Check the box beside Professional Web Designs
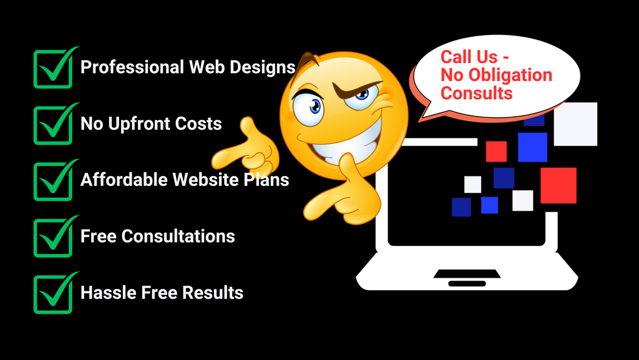click(x=52, y=69)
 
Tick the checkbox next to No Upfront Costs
click(x=52, y=125)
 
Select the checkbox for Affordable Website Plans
click(x=52, y=181)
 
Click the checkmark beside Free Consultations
click(x=52, y=237)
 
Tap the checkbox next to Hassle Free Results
click(x=52, y=293)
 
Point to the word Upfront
click(x=139, y=124)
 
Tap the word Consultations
click(x=178, y=236)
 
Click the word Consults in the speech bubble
click(x=477, y=93)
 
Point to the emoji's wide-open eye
click(x=308, y=107)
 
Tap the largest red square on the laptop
click(x=558, y=185)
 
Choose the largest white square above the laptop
click(x=575, y=124)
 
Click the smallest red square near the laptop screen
click(x=496, y=151)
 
